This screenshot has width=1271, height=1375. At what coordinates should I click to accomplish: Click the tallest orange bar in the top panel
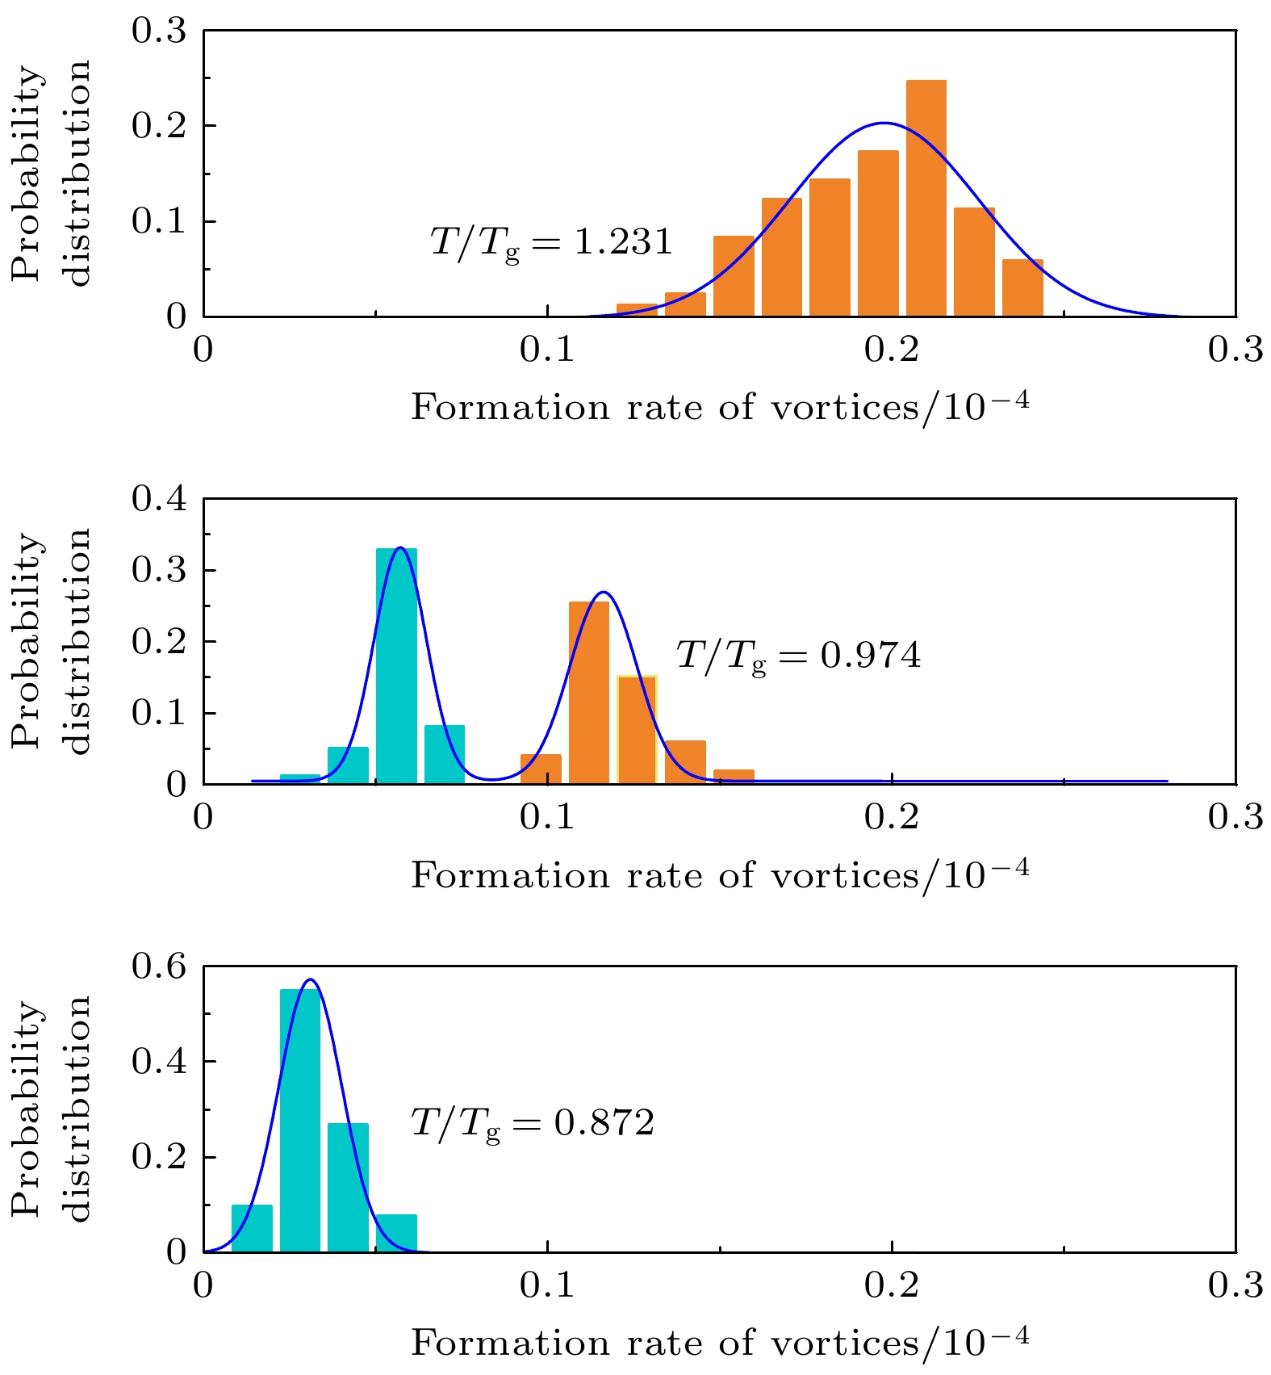point(926,198)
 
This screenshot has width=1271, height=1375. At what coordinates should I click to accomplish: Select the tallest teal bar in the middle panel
point(396,666)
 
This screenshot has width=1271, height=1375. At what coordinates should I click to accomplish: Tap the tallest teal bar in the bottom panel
point(299,1121)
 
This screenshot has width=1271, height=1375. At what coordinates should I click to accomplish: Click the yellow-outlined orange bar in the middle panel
point(637,730)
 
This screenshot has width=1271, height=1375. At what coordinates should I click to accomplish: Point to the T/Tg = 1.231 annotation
point(551,242)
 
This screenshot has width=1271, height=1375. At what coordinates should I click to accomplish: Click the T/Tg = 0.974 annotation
point(798,655)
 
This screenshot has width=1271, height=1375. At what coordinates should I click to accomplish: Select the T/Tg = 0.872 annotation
point(533,1123)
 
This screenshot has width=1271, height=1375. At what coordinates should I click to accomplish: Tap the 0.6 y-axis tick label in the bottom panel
point(159,966)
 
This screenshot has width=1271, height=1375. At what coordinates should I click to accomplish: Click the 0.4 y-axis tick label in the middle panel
point(159,499)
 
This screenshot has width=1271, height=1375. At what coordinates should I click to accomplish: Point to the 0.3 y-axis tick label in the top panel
point(159,31)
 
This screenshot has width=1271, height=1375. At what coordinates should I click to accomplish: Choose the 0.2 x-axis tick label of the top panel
point(892,350)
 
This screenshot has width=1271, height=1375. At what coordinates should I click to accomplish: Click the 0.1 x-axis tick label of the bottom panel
point(547,1285)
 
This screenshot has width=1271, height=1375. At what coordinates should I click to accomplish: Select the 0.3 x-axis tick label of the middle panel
point(1235,818)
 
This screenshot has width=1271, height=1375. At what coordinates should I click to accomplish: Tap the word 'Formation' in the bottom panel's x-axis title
point(510,1344)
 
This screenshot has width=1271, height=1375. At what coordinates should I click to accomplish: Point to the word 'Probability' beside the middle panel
point(27,641)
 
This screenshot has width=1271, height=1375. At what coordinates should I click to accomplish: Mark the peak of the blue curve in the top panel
point(884,124)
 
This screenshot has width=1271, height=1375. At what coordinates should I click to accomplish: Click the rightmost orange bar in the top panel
point(1022,287)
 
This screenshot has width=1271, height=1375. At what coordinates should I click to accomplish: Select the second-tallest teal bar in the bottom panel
point(348,1187)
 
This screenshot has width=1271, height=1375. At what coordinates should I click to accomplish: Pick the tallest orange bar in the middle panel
point(589,693)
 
